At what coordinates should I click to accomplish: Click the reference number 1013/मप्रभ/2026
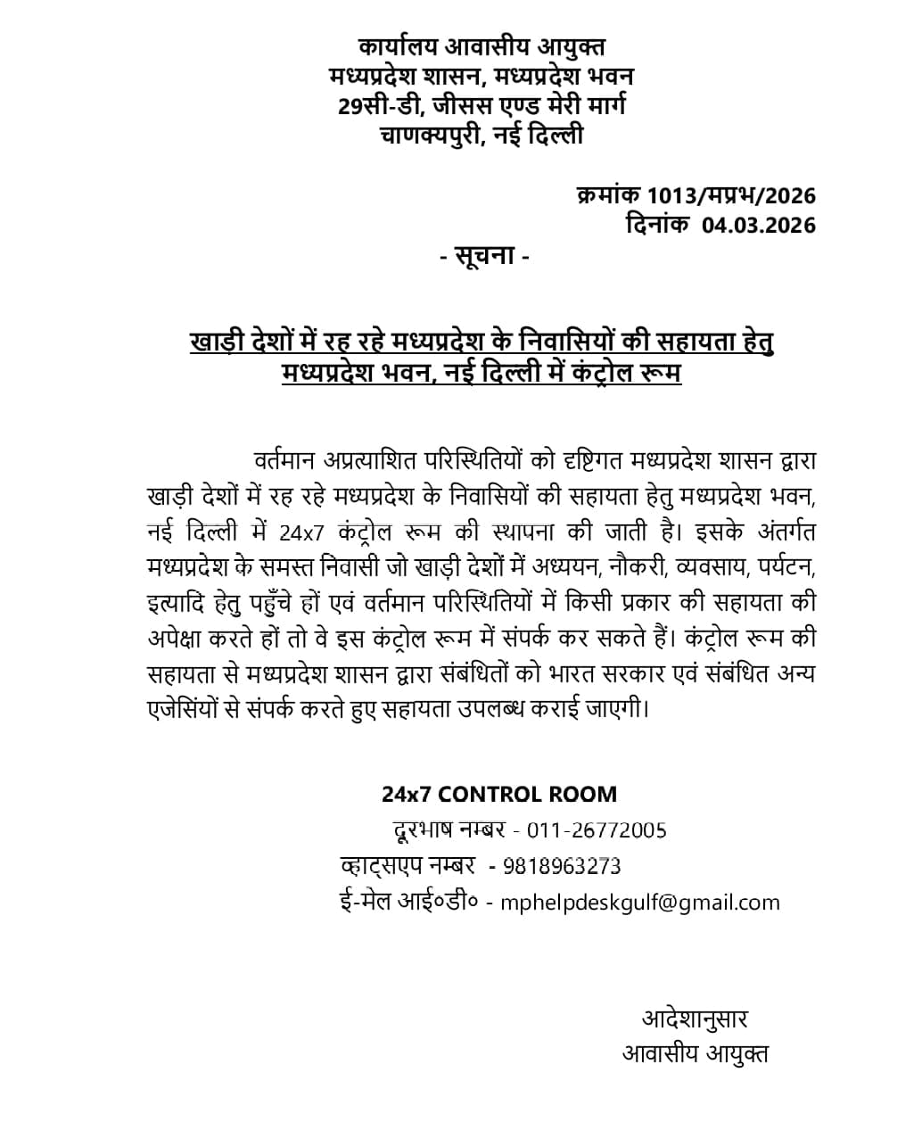(x=731, y=195)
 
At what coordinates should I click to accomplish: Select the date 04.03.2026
(x=758, y=225)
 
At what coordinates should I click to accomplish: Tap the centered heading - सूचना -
(x=485, y=257)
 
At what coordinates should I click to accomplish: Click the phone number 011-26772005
(x=597, y=830)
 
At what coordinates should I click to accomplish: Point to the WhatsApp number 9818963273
(x=562, y=866)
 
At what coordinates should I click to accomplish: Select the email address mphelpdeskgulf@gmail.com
(x=640, y=903)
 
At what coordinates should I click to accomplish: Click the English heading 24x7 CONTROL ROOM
(x=499, y=794)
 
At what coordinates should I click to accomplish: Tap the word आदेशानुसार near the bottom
(x=695, y=1019)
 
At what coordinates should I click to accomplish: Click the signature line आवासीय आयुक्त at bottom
(x=696, y=1054)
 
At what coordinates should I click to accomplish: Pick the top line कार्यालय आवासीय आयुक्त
(x=482, y=46)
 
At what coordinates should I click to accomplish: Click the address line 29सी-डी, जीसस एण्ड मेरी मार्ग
(x=482, y=106)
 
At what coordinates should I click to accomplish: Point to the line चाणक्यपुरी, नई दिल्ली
(x=482, y=136)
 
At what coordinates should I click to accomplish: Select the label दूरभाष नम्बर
(x=449, y=830)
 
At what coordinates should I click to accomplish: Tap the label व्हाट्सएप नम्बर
(x=407, y=866)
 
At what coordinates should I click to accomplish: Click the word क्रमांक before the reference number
(x=609, y=195)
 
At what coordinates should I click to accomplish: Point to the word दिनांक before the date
(x=657, y=225)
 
